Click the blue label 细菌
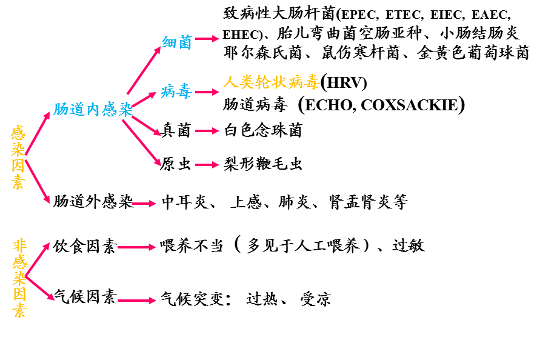click(x=177, y=42)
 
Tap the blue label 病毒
click(x=177, y=92)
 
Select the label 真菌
click(x=176, y=130)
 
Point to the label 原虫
click(x=176, y=164)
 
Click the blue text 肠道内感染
click(x=93, y=110)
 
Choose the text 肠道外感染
click(x=93, y=201)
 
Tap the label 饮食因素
click(x=84, y=246)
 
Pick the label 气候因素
click(x=84, y=297)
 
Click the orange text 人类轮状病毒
click(x=271, y=82)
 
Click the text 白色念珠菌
click(x=263, y=130)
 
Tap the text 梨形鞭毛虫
click(x=263, y=164)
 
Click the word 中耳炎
click(x=185, y=202)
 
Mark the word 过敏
click(x=409, y=245)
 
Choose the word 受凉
click(x=315, y=299)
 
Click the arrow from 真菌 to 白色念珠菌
click(x=207, y=130)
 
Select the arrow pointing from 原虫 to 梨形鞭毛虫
click(x=207, y=164)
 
